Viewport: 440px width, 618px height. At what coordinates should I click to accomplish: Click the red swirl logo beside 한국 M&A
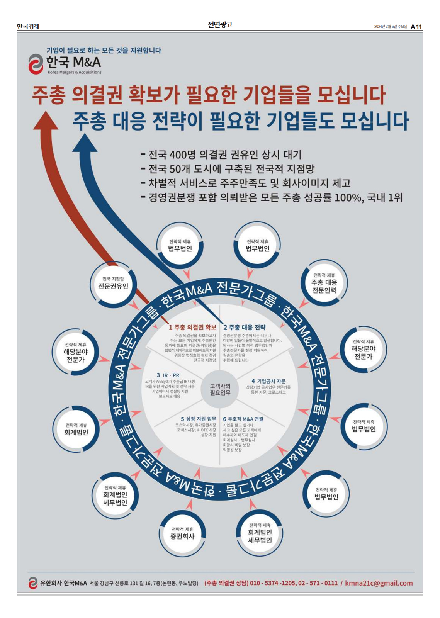tap(36, 64)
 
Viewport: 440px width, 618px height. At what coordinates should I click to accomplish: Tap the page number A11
tap(416, 27)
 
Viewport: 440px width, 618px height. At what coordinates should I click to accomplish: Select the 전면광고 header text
tap(220, 25)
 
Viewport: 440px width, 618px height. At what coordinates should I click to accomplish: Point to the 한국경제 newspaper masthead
tap(28, 27)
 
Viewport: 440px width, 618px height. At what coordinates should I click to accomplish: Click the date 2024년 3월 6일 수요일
tap(391, 27)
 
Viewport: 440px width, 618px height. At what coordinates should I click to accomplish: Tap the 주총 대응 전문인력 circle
tap(324, 283)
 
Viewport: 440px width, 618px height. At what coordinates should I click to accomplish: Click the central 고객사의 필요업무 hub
tap(220, 389)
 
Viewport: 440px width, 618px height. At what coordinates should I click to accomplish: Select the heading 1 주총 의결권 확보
tap(192, 328)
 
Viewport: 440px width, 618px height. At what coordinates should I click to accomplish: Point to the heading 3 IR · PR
tap(168, 375)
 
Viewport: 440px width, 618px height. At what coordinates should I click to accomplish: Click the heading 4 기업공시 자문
tap(268, 381)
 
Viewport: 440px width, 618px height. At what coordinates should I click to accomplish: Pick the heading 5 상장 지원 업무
tap(199, 419)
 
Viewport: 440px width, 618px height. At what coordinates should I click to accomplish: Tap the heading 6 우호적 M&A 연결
tap(243, 419)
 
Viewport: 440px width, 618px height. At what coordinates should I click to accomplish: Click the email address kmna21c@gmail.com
tap(379, 583)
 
